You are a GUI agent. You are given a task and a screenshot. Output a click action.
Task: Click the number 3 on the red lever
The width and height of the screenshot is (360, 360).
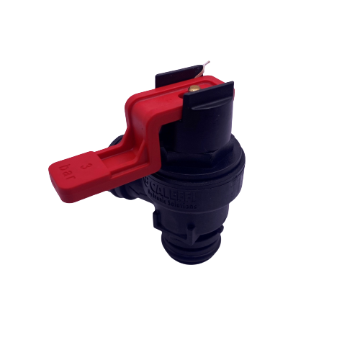[x=88, y=165]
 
